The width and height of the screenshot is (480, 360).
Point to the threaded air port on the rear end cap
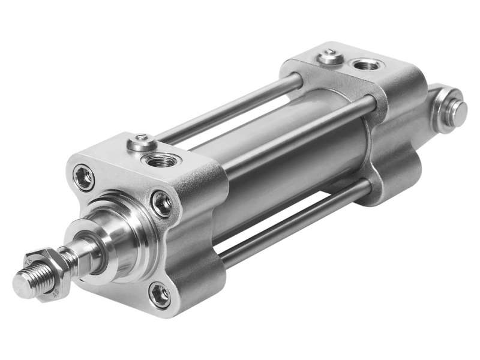[x=364, y=64]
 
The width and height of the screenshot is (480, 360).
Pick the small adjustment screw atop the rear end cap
[x=330, y=58]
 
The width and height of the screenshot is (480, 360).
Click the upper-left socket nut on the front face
[x=83, y=177]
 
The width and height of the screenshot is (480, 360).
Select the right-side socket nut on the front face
[x=162, y=203]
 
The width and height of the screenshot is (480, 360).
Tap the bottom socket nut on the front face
[x=160, y=295]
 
